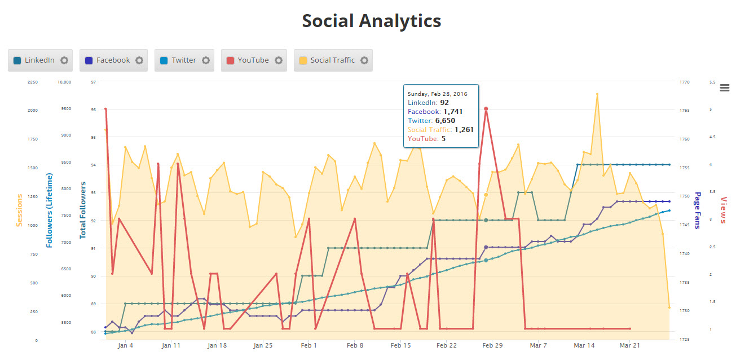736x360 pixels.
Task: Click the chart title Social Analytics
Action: [371, 21]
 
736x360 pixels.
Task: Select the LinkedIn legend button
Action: [39, 60]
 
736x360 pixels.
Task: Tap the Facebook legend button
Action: [113, 60]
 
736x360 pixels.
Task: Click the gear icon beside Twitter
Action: [206, 60]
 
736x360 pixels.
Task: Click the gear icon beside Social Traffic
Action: [364, 60]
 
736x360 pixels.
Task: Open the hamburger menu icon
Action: [725, 87]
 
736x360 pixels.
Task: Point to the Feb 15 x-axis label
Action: [400, 345]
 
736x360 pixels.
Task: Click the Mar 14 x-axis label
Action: [584, 345]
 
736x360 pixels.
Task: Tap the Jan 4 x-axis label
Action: [126, 345]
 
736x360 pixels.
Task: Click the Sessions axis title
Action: [20, 210]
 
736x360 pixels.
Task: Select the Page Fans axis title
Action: [697, 210]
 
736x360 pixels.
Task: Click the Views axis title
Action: [724, 210]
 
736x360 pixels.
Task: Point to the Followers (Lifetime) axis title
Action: [50, 210]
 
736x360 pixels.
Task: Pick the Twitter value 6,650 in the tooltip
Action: [445, 121]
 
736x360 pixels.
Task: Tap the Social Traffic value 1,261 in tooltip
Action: [462, 130]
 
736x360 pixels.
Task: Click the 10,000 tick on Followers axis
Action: [64, 82]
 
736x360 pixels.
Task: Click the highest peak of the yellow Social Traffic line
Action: [597, 94]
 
